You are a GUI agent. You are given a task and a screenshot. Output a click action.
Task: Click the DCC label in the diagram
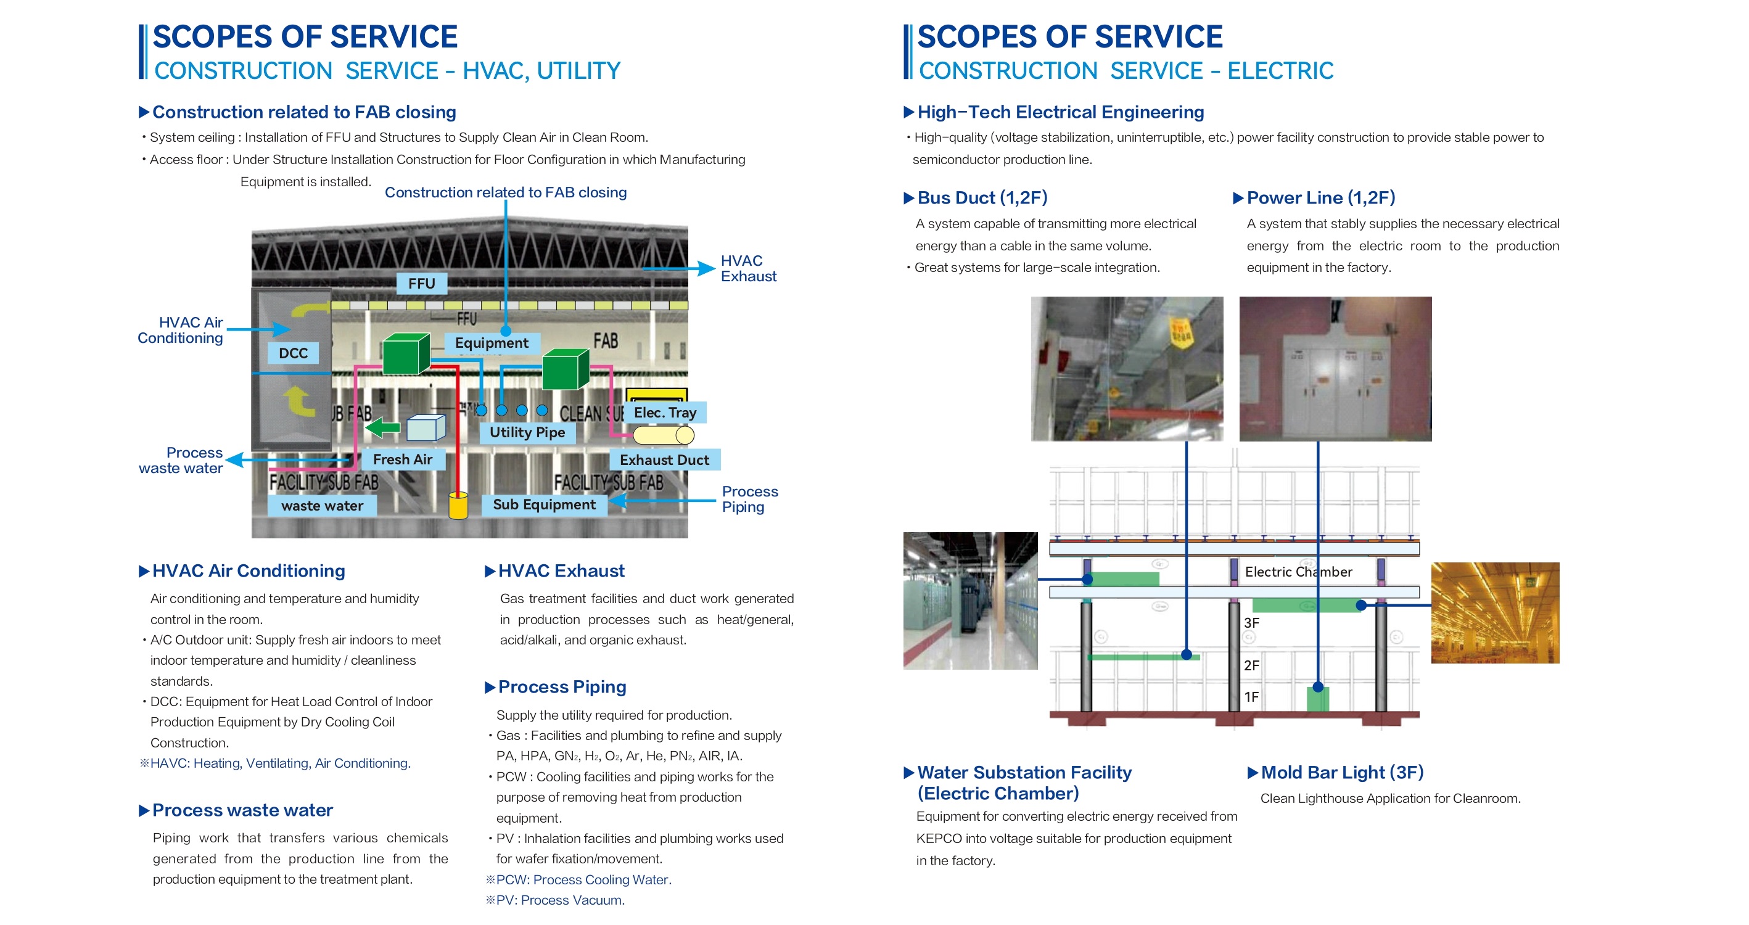[293, 353]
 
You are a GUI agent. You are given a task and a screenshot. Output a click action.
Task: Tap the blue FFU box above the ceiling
[422, 283]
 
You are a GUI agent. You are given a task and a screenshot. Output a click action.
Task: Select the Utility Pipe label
[527, 432]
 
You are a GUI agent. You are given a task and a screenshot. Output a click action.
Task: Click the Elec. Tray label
[665, 413]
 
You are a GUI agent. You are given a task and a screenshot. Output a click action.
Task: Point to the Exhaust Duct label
[664, 460]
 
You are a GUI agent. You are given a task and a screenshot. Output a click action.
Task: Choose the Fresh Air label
[403, 459]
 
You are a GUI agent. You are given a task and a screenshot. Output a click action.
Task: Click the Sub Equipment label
[544, 504]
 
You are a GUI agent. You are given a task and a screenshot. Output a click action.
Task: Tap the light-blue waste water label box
[322, 505]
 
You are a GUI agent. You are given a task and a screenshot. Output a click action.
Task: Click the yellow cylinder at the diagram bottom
[458, 505]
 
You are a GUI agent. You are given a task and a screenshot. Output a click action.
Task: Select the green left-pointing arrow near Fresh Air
[383, 427]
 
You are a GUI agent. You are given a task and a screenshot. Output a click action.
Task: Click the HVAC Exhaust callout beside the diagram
[748, 268]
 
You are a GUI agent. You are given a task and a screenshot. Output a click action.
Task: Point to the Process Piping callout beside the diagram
[749, 499]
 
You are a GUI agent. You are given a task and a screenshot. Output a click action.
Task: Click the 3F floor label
[1251, 623]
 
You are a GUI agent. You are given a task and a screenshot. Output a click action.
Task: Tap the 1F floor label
[1251, 697]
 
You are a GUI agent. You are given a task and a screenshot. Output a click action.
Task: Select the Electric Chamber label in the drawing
[1298, 572]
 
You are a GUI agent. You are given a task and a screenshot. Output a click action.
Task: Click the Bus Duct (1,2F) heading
[982, 197]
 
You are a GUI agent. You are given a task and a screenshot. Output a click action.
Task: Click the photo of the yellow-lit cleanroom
[1495, 612]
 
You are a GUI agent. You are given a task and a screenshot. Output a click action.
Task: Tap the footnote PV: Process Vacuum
[556, 900]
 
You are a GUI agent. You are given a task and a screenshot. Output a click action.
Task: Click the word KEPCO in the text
[939, 838]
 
